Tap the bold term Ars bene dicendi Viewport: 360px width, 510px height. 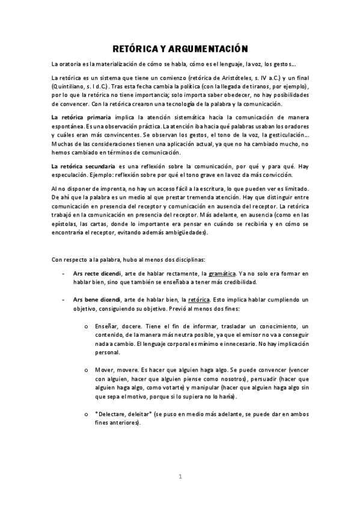(95, 299)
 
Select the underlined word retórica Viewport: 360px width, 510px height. (199, 299)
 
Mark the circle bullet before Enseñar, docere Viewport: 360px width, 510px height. (88, 324)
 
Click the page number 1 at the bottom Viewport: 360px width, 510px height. (180, 476)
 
